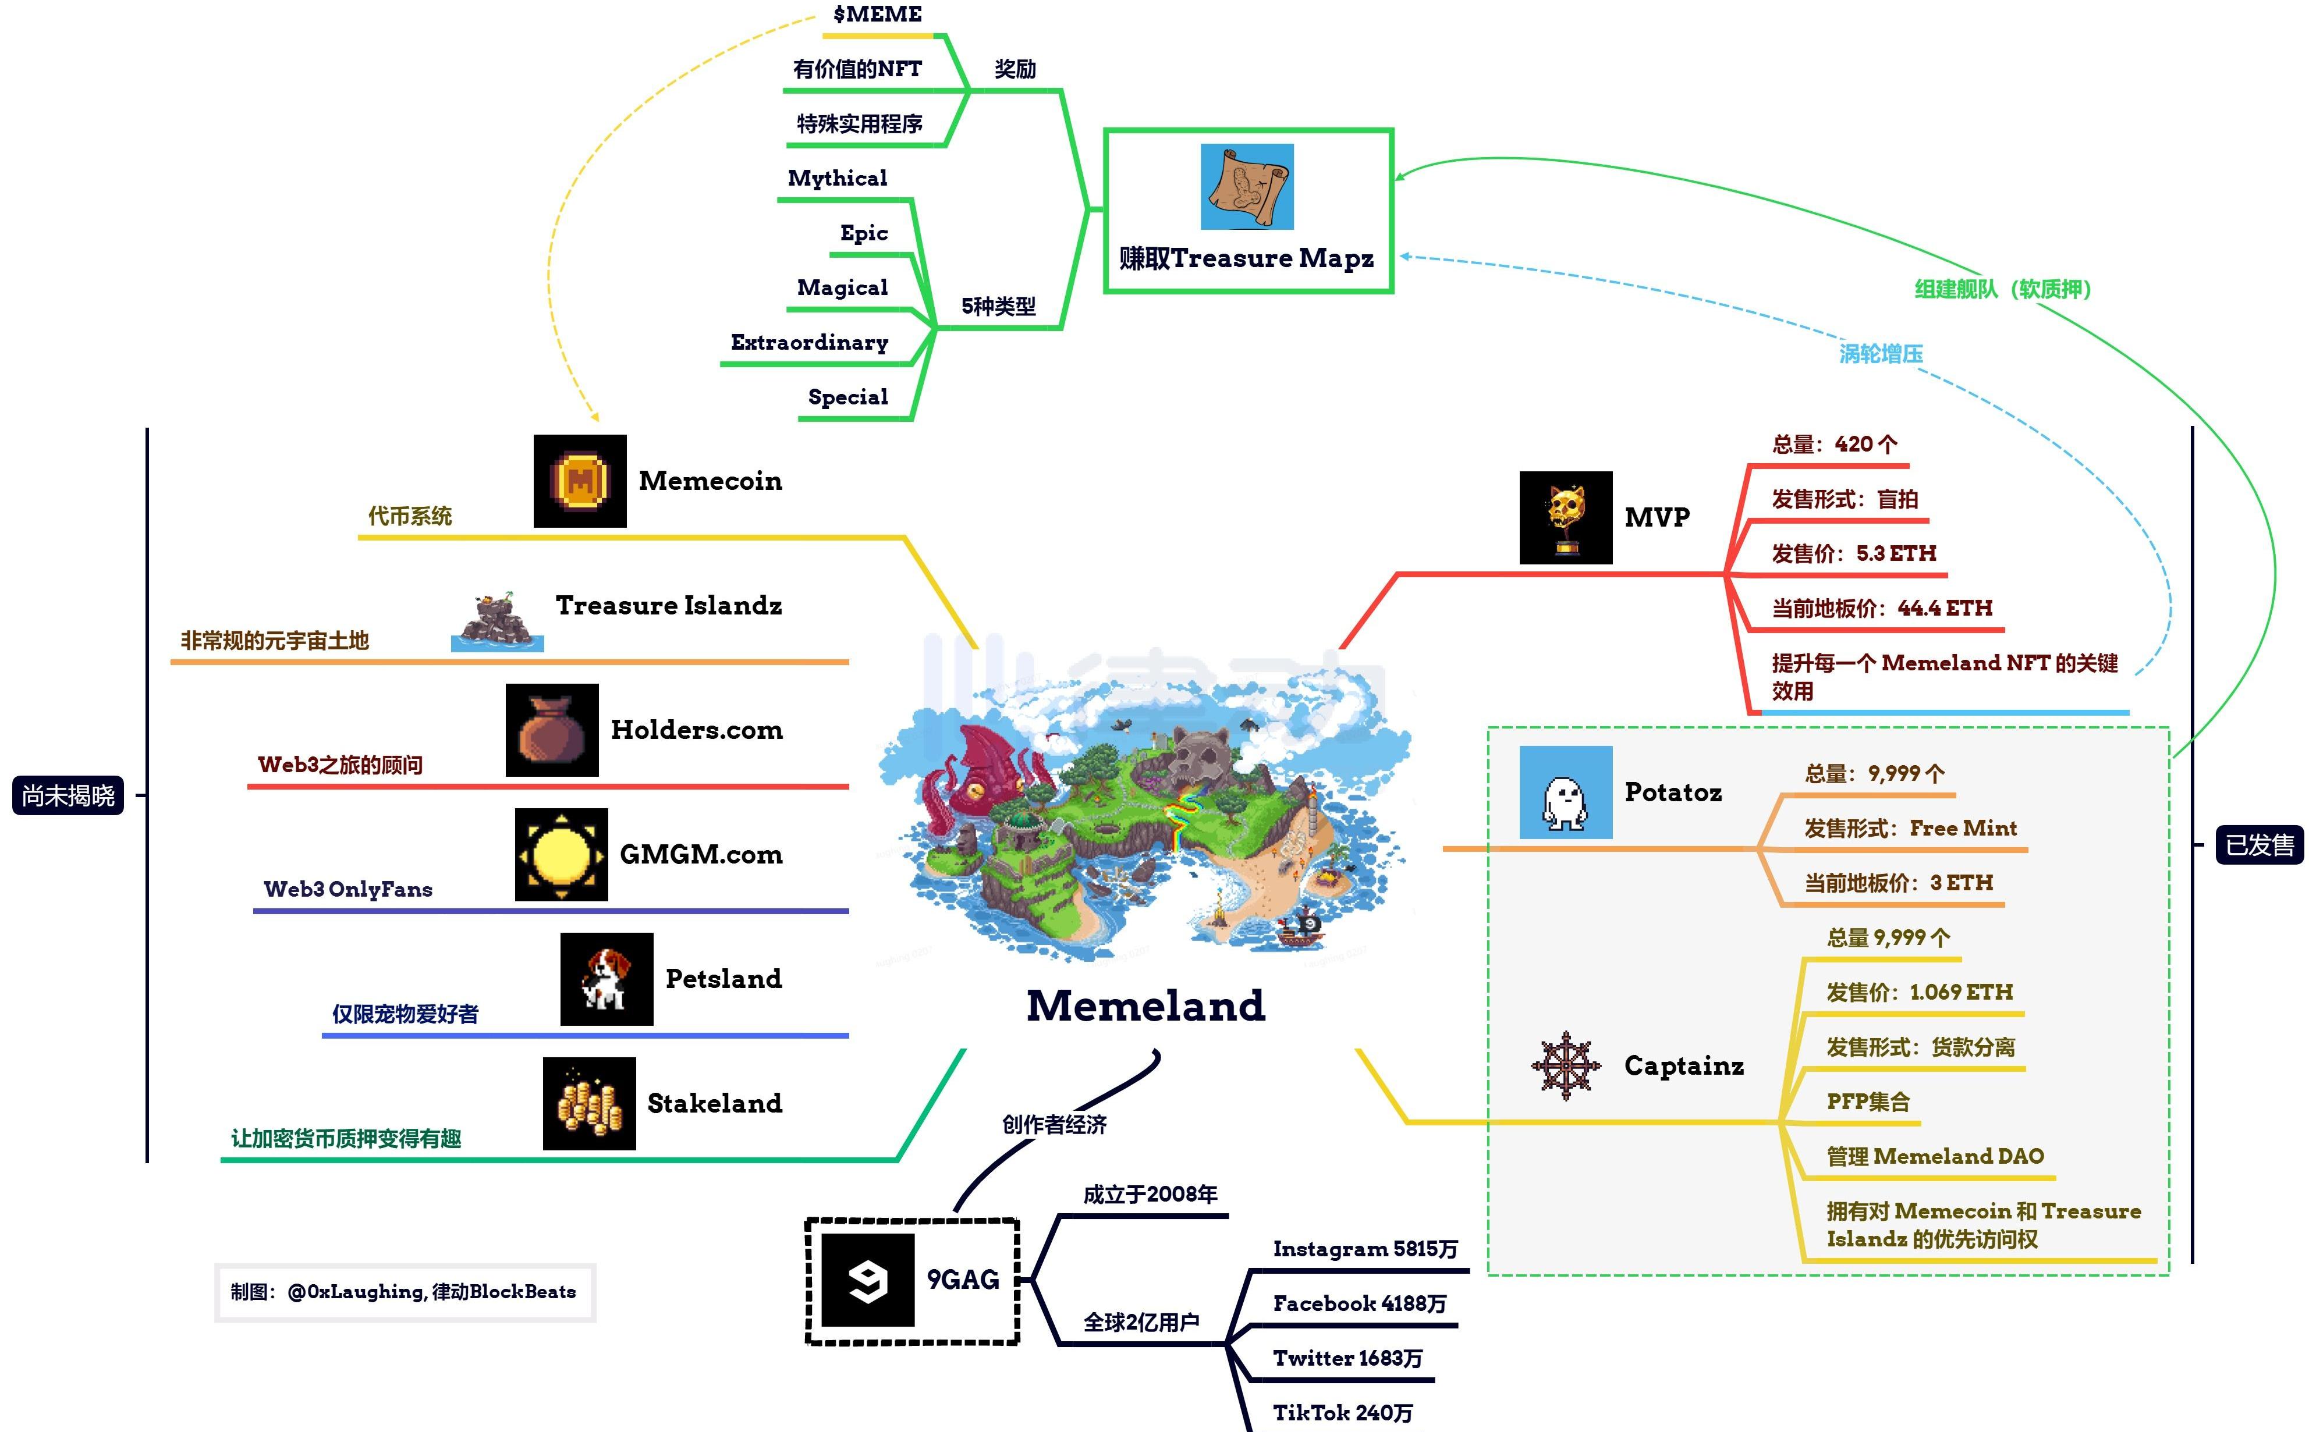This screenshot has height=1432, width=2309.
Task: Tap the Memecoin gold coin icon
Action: pyautogui.click(x=580, y=481)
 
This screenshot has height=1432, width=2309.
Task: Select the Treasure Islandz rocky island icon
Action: pyautogui.click(x=497, y=621)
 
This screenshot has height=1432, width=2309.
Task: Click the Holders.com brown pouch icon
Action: pyautogui.click(x=552, y=730)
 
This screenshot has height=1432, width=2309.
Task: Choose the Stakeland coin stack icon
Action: pyautogui.click(x=589, y=1103)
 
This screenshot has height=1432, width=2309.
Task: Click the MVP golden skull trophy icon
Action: pyautogui.click(x=1566, y=518)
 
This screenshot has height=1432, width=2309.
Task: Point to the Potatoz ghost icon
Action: pyautogui.click(x=1566, y=793)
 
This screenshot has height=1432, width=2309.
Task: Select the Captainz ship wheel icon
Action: pyautogui.click(x=1566, y=1065)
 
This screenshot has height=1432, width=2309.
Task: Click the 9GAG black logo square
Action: pyautogui.click(x=867, y=1280)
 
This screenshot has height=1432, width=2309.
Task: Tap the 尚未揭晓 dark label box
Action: pyautogui.click(x=68, y=795)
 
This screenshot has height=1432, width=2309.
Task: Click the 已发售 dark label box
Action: pyautogui.click(x=2260, y=845)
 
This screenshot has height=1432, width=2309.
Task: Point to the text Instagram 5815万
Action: pyautogui.click(x=1365, y=1249)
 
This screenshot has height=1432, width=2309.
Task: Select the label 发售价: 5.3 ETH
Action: pyautogui.click(x=1853, y=553)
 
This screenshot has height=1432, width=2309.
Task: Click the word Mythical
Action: pyautogui.click(x=837, y=178)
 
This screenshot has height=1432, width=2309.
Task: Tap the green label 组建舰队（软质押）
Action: pyautogui.click(x=2002, y=289)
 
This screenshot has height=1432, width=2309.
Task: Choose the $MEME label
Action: pyautogui.click(x=877, y=14)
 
